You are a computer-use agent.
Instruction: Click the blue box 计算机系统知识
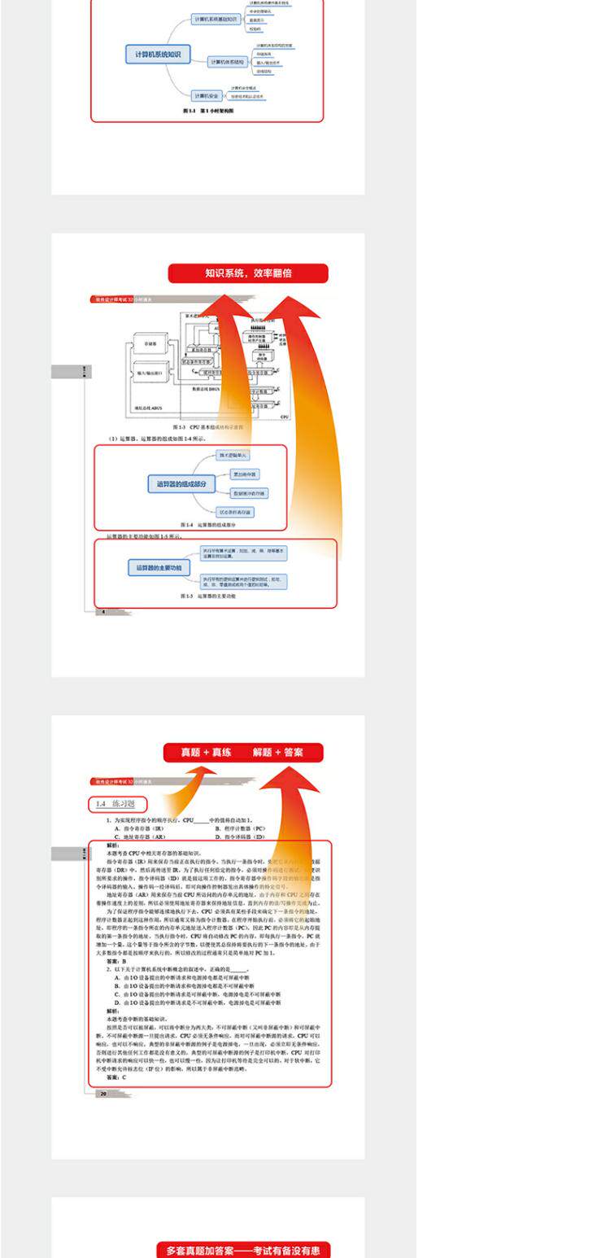(x=158, y=55)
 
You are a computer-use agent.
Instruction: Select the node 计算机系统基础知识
(x=216, y=19)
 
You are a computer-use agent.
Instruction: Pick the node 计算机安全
(x=206, y=96)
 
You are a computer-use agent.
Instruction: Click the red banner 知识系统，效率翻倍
(x=248, y=273)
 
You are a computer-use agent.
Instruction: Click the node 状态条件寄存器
(x=235, y=512)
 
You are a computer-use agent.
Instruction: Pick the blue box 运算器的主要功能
(x=159, y=567)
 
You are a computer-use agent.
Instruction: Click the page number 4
(x=103, y=612)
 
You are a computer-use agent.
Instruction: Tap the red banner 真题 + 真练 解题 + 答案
(x=242, y=753)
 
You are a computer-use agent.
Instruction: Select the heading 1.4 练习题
(x=117, y=805)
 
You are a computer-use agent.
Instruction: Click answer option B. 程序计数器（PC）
(x=240, y=828)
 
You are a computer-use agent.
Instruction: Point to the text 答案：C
(x=116, y=1077)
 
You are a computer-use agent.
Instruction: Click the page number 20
(x=103, y=1094)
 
